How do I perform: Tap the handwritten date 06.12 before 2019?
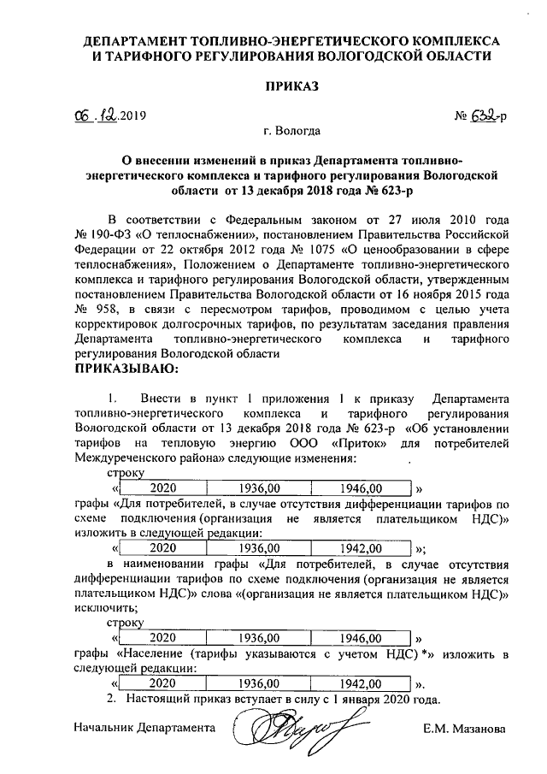pos(93,115)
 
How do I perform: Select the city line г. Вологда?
pos(293,131)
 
